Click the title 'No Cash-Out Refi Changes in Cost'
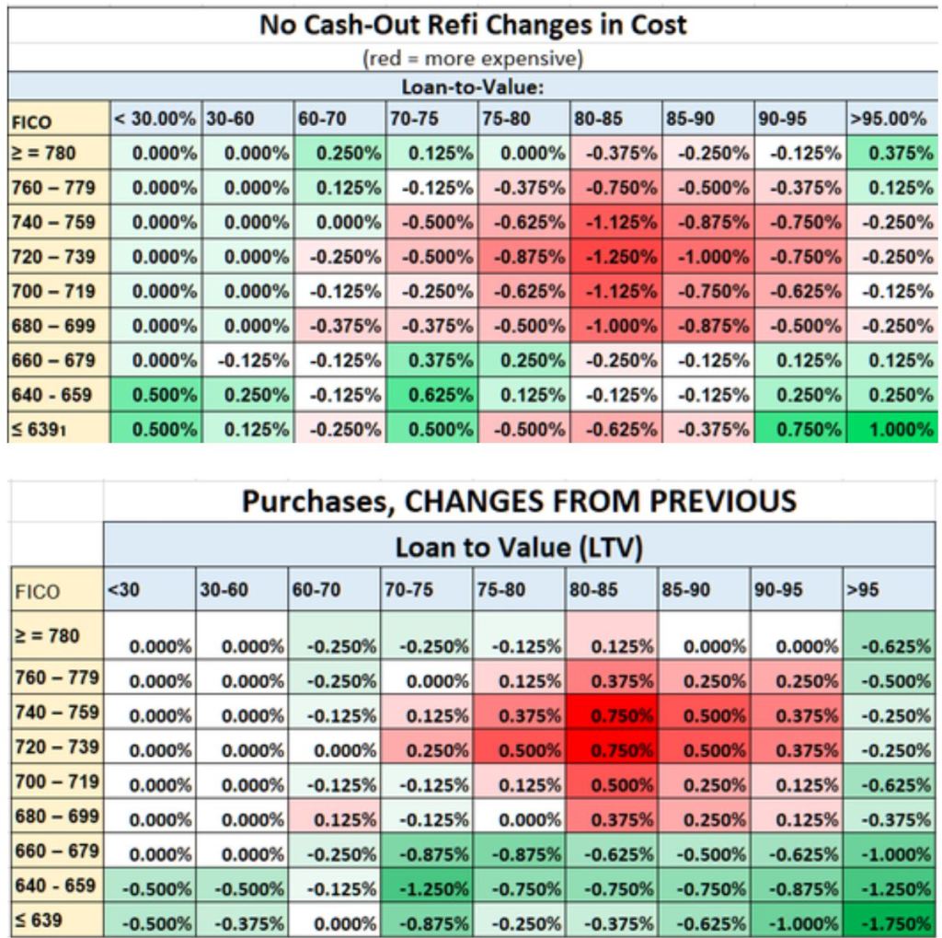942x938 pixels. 473,24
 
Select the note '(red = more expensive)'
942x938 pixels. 473,59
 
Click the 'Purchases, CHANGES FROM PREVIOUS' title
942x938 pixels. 518,502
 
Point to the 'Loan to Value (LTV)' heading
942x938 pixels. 518,548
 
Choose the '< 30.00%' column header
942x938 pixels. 155,120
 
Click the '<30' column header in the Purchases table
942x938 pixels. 148,589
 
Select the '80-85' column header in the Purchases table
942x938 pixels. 612,589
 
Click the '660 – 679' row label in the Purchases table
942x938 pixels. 56,851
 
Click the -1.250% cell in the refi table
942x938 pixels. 615,257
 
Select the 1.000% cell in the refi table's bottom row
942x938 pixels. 891,429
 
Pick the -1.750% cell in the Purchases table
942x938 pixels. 889,923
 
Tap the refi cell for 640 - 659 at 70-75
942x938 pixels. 431,395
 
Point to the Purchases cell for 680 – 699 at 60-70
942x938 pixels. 333,819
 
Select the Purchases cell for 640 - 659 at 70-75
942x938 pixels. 426,889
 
